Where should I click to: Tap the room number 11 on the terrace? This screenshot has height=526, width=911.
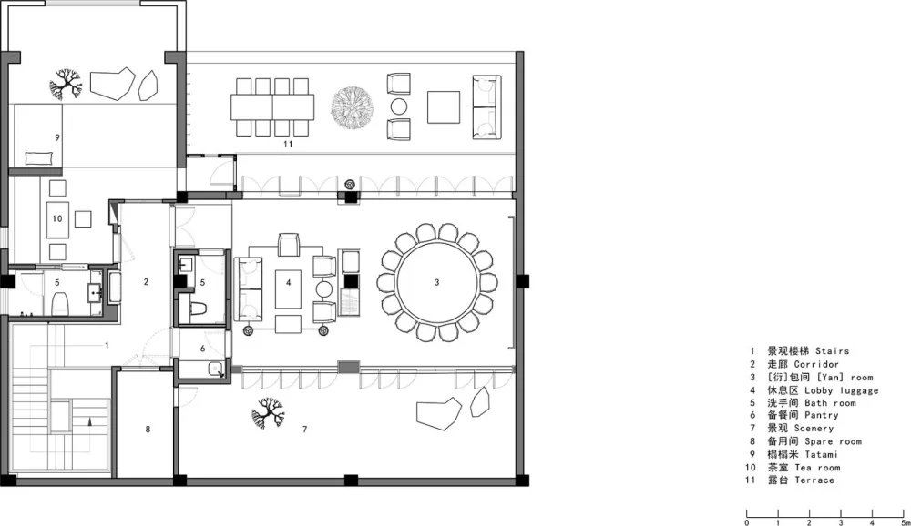coord(288,144)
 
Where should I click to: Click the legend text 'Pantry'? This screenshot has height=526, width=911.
coord(822,415)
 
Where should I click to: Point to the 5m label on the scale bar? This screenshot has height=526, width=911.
coord(905,522)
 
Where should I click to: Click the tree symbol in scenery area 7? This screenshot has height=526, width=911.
coord(268,412)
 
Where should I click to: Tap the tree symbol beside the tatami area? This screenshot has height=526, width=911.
coord(65,85)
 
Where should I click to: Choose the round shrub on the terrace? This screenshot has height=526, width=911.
coord(352,108)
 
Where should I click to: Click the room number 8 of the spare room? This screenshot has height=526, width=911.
coord(148,429)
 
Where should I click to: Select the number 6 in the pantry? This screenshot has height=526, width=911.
coord(202,349)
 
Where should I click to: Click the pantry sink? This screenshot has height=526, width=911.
coord(216,369)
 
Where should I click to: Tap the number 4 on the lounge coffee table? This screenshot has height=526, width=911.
coord(288,283)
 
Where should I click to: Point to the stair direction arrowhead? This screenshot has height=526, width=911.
coord(89,421)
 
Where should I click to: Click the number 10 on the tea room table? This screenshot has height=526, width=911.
coord(56,219)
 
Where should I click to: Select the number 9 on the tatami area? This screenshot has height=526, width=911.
coord(56,137)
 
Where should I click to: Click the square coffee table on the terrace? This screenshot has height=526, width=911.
coord(444,106)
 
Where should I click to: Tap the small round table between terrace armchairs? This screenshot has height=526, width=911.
coord(399,106)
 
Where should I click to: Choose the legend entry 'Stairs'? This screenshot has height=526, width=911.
coord(832,350)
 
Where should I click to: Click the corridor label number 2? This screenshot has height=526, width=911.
coord(146,281)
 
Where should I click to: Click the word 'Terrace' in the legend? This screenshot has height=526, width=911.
coord(814,480)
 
